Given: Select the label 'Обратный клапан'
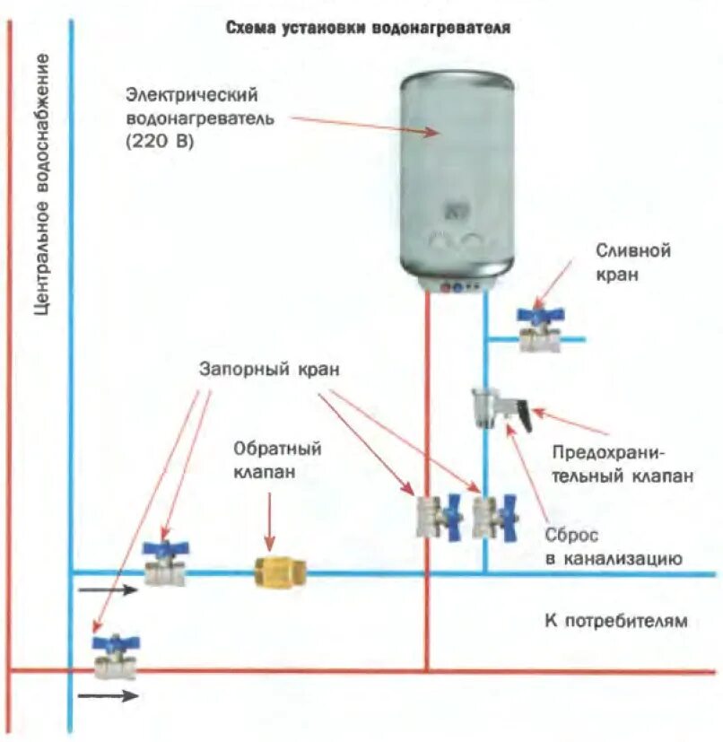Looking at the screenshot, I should [277, 459].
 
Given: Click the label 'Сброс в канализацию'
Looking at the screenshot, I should [614, 546].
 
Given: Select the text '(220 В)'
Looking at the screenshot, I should [160, 141].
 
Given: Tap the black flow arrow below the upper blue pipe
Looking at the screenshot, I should [107, 590].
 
